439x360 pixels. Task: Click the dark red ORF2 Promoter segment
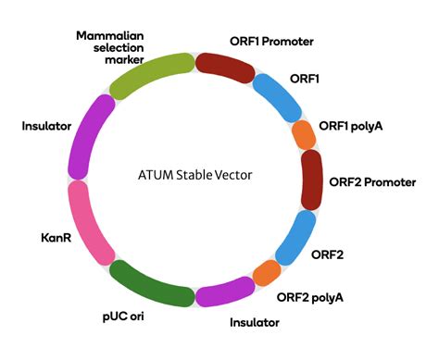tap(313, 180)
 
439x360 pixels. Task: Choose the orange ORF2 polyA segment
tap(268, 273)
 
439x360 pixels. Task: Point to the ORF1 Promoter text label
tap(271, 42)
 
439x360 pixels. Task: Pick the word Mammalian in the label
tap(109, 33)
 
